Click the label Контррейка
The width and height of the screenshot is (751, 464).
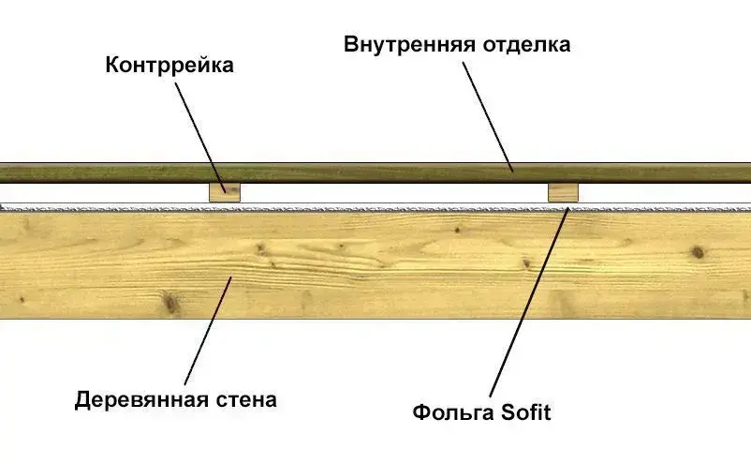(x=169, y=66)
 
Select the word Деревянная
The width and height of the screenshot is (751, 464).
(x=140, y=400)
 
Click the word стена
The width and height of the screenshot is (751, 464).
(x=245, y=400)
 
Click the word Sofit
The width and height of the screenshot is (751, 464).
(x=526, y=412)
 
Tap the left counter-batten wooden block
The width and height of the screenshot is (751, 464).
(x=225, y=192)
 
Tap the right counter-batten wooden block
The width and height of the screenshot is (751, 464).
(x=564, y=192)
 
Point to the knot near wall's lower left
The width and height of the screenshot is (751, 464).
(x=169, y=302)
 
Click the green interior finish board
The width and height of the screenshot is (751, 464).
(x=375, y=172)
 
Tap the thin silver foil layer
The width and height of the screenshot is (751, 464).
(x=393, y=206)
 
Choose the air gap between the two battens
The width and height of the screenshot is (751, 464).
(x=393, y=192)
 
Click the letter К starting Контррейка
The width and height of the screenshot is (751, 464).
(x=112, y=66)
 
